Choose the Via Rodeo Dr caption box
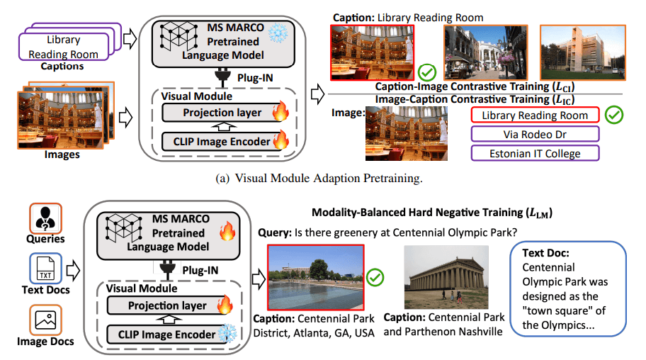click(535, 134)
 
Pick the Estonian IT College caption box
click(535, 153)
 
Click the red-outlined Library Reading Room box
click(535, 115)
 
